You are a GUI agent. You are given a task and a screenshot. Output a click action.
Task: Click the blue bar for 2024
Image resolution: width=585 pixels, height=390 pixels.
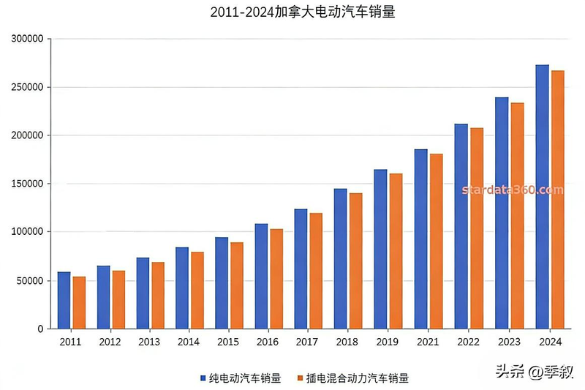click(542, 197)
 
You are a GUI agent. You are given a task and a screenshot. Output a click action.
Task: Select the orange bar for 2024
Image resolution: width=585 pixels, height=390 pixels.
click(557, 200)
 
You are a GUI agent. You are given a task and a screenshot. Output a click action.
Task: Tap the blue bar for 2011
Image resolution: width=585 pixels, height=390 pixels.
click(64, 300)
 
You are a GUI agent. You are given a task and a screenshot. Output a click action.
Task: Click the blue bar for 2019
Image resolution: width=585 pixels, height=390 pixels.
click(380, 249)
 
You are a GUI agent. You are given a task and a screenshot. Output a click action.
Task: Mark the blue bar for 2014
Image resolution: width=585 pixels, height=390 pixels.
click(182, 288)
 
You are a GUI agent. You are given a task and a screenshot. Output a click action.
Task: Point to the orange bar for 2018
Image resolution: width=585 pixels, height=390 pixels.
click(355, 260)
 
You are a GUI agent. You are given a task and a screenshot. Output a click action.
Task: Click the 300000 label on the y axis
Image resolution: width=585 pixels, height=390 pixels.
click(29, 39)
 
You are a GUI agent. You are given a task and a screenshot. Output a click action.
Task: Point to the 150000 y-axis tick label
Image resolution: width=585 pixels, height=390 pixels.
click(29, 184)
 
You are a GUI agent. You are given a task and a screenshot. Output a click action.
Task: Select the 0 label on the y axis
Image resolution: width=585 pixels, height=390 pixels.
click(41, 329)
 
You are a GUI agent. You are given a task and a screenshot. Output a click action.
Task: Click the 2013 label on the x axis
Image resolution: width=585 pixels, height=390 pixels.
click(150, 342)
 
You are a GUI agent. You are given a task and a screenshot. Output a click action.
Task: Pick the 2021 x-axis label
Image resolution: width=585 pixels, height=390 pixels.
click(427, 342)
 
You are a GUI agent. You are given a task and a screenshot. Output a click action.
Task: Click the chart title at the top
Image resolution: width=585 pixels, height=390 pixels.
click(292, 12)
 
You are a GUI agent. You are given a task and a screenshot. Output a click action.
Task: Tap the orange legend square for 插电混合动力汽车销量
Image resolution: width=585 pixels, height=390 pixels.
click(300, 378)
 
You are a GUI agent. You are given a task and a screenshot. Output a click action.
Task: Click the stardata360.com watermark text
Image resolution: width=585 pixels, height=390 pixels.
click(513, 190)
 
